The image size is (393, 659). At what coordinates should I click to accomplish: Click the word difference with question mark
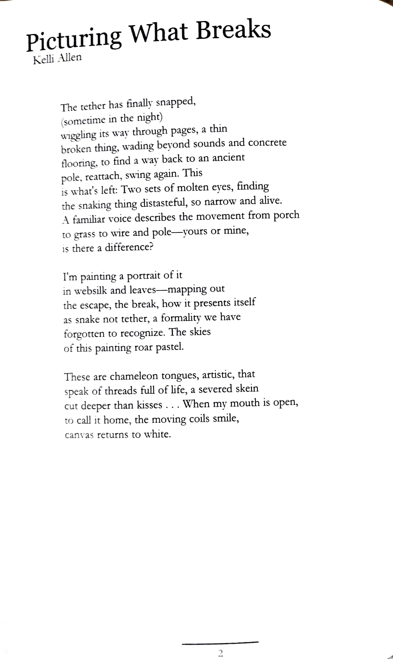129,248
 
